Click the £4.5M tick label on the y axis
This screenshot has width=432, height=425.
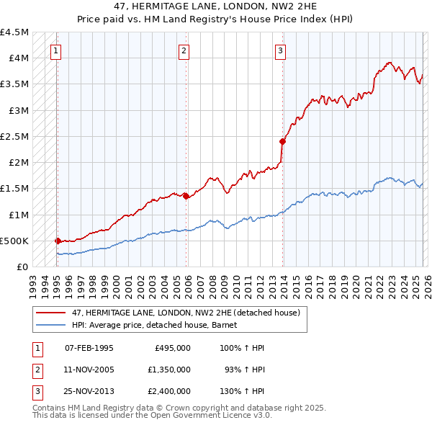[15, 32]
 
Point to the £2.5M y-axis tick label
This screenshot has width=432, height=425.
[15, 136]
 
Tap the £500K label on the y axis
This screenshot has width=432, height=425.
[15, 241]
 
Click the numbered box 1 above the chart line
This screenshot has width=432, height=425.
[56, 50]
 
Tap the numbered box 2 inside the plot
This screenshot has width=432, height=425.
[184, 50]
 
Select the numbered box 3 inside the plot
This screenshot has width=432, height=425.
[280, 50]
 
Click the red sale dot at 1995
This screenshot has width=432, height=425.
[58, 241]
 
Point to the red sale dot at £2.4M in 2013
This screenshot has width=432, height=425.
[282, 141]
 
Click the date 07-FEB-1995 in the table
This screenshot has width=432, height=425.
[89, 348]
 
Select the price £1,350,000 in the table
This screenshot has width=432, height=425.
[173, 369]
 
